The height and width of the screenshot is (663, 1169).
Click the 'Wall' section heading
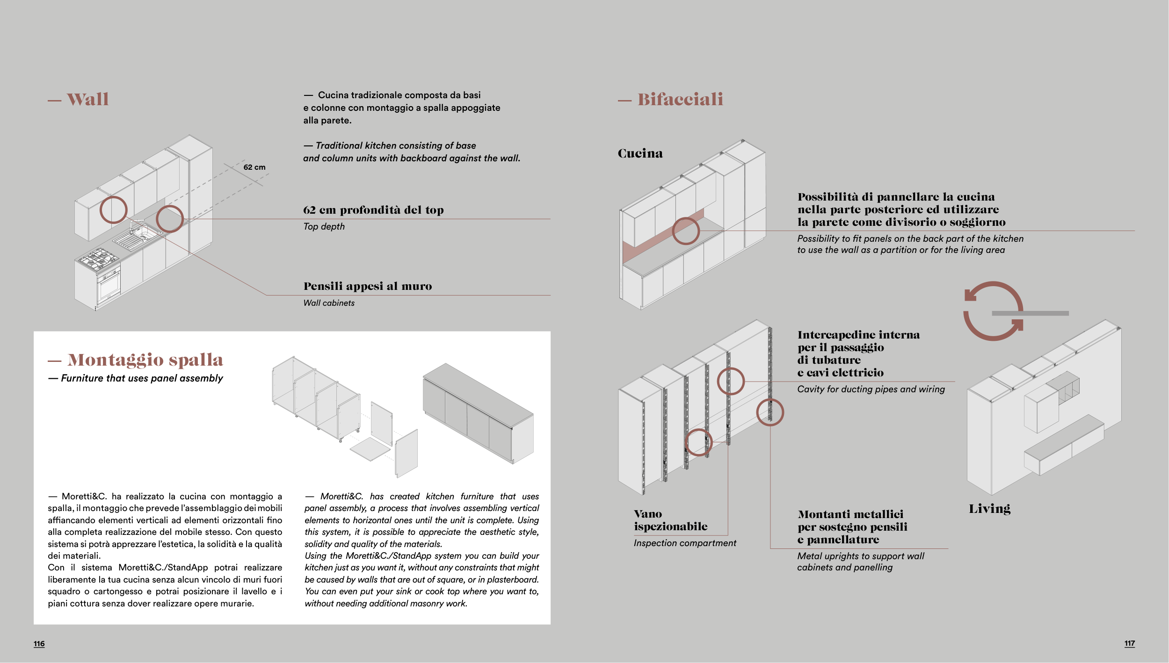point(87,99)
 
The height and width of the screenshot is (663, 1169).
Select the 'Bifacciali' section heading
point(680,99)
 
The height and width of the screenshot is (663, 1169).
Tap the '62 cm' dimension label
point(254,167)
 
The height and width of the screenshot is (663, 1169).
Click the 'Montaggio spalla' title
point(145,360)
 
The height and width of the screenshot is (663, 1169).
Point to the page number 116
point(39,644)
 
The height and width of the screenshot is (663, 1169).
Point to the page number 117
point(1129,643)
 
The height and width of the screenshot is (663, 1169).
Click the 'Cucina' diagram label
point(640,153)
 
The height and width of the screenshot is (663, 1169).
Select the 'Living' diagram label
point(989,509)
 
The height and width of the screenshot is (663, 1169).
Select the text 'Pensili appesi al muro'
point(368,286)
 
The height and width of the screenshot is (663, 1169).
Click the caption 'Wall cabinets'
point(329,303)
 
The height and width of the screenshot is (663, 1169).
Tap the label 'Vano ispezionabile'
point(670,520)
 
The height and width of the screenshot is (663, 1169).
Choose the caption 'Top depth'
point(324,226)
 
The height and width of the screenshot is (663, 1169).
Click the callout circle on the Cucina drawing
point(685,231)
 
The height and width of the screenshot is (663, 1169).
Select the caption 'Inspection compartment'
point(685,543)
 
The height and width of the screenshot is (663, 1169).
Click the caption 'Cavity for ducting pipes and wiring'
point(871,389)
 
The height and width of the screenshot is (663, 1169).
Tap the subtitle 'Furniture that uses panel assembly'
point(142,378)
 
